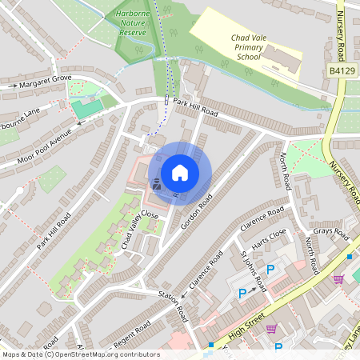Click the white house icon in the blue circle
(x=180, y=172)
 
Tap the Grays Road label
(x=331, y=234)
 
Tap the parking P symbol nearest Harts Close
(x=270, y=270)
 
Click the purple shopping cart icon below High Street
(x=272, y=329)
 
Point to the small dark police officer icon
(x=157, y=184)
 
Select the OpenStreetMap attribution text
(x=81, y=354)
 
